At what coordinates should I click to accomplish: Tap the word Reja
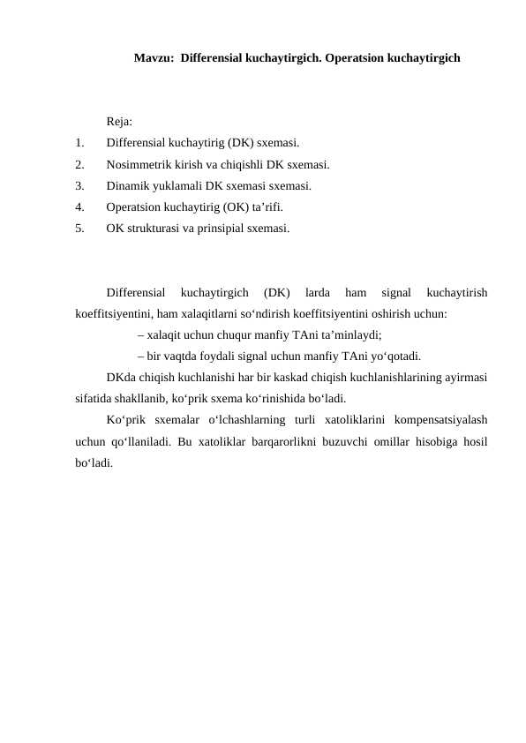coord(119,122)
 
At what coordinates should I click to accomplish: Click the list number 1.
coord(79,143)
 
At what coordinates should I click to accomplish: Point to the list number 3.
coord(79,185)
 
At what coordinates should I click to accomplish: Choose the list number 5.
coord(79,228)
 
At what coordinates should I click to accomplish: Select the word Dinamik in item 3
coord(127,185)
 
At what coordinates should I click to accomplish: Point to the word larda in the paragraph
coord(317,292)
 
